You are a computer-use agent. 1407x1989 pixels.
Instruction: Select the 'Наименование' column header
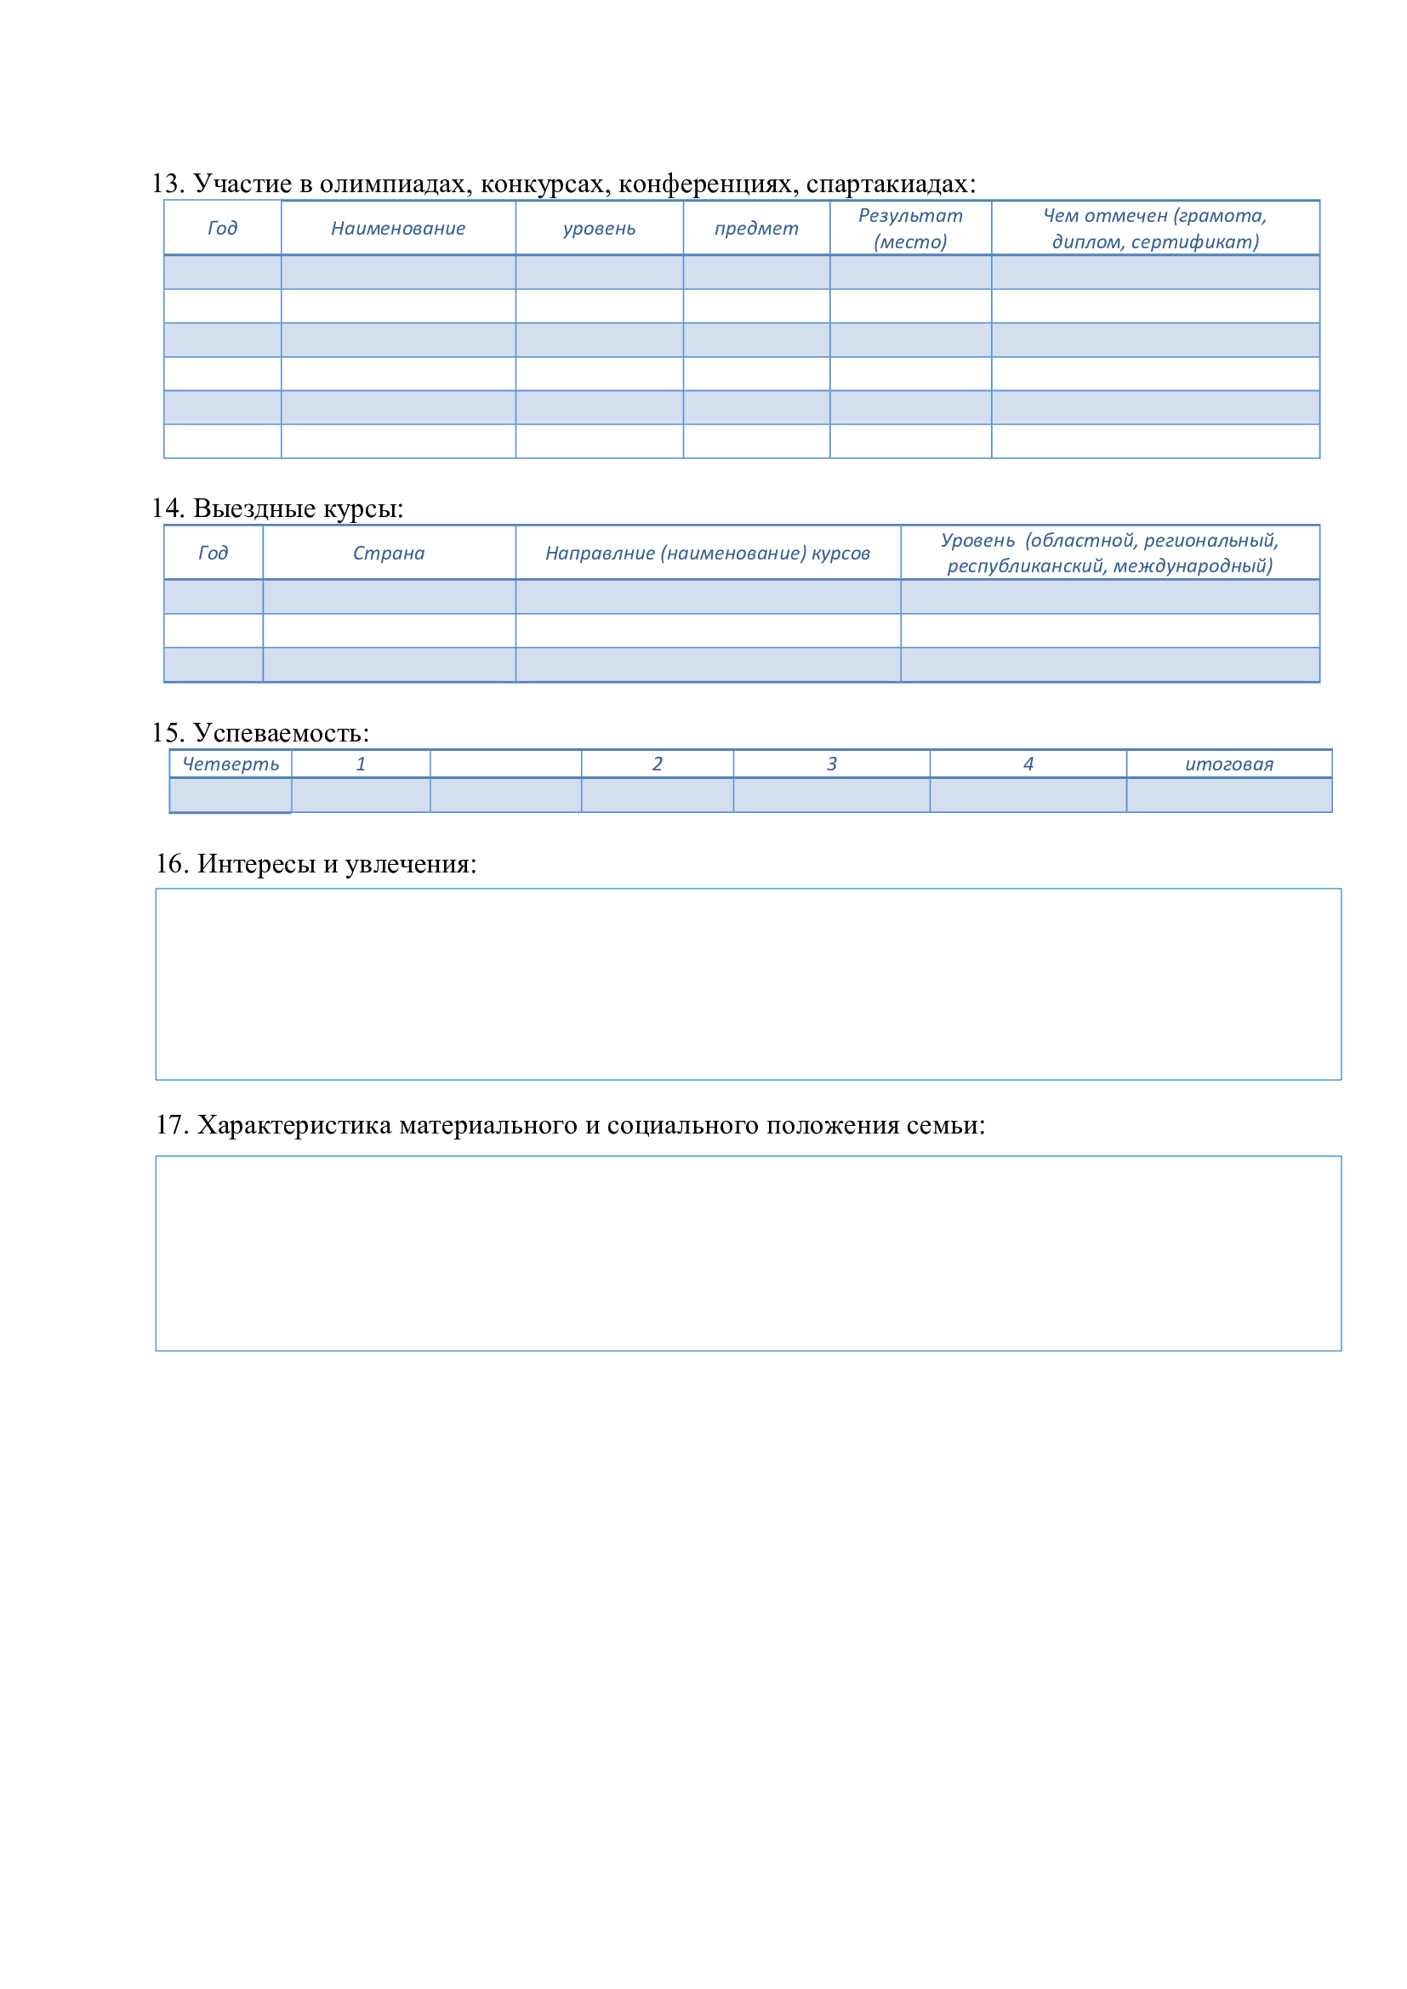[x=397, y=229]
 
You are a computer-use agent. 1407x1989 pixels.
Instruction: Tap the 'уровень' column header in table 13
[x=599, y=229]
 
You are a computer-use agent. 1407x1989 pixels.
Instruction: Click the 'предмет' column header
[x=755, y=229]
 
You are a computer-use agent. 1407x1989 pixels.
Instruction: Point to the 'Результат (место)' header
[x=909, y=229]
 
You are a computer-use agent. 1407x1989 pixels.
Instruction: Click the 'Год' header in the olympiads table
[x=222, y=229]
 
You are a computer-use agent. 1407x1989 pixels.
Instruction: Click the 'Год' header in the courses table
[x=214, y=554]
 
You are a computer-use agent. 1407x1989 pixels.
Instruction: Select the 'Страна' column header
[x=388, y=554]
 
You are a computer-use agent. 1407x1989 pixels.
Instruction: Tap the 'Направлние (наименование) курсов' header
[x=707, y=554]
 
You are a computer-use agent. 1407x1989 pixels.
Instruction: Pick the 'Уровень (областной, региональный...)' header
[x=1109, y=554]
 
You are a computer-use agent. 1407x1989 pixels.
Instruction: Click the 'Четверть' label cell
[x=231, y=764]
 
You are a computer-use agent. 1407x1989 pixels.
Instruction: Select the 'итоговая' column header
[x=1228, y=764]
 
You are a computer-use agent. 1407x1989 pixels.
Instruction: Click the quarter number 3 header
[x=831, y=764]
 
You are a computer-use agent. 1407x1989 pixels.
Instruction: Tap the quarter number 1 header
[x=361, y=764]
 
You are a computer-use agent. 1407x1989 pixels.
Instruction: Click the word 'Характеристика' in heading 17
[x=293, y=1125]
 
